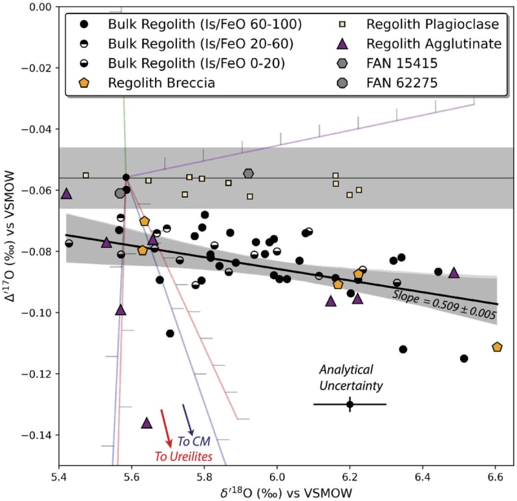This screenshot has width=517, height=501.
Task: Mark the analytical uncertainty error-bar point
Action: [x=350, y=404]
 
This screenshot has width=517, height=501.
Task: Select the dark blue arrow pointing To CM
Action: [x=188, y=419]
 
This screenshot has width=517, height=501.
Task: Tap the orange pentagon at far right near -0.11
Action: [x=497, y=347]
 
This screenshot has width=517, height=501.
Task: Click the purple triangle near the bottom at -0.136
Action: [x=147, y=423]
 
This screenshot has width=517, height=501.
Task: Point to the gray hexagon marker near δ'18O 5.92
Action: [x=249, y=173]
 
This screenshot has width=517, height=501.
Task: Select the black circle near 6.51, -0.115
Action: [x=463, y=358]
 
